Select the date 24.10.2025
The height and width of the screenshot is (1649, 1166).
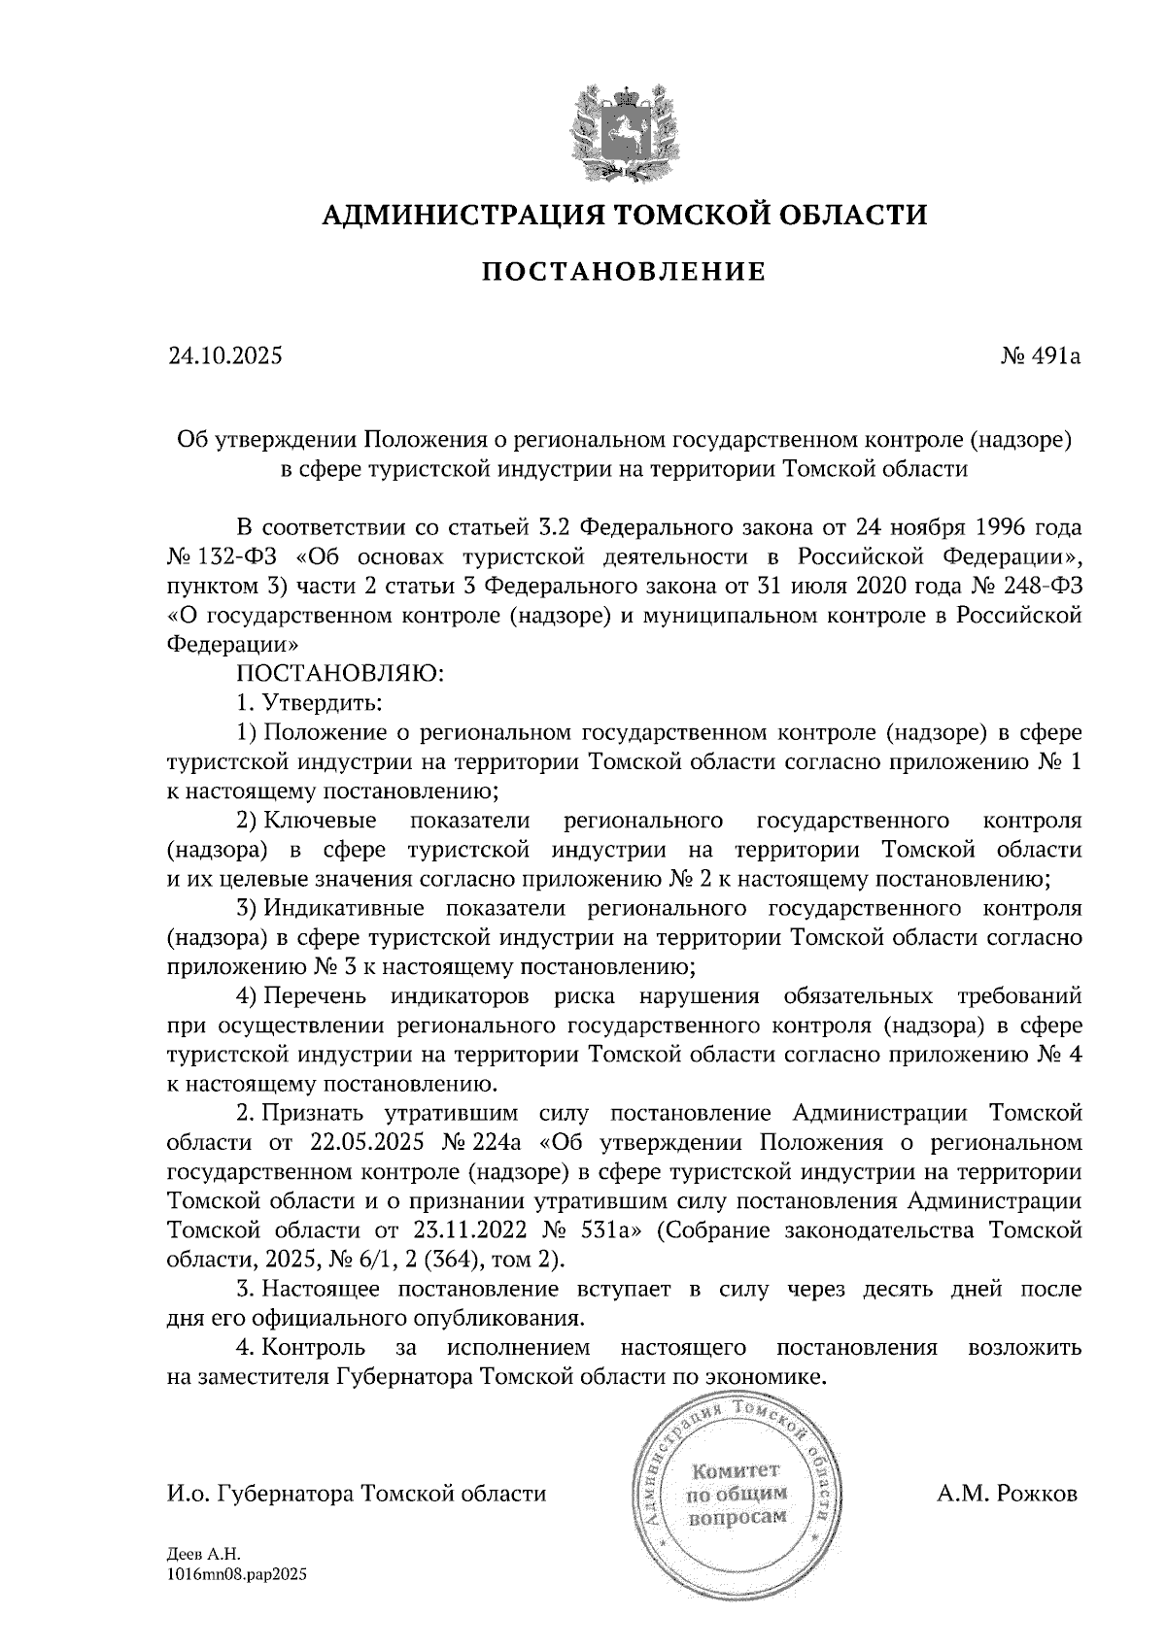(x=224, y=356)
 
